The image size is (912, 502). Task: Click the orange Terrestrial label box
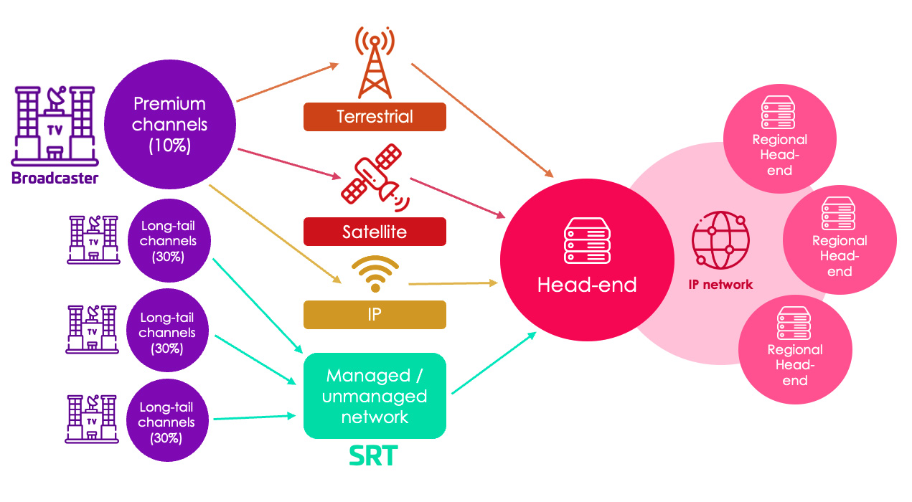[x=375, y=117]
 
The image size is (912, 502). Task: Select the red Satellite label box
[x=375, y=232]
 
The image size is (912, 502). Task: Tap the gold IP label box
[x=375, y=315]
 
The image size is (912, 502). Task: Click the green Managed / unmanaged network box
[x=375, y=396]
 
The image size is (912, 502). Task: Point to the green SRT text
[x=374, y=456]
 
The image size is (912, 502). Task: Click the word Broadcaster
[x=55, y=179]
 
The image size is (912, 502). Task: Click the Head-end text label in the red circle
[x=587, y=285]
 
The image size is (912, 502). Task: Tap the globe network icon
[x=720, y=240]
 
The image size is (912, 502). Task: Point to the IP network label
[x=720, y=285]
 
